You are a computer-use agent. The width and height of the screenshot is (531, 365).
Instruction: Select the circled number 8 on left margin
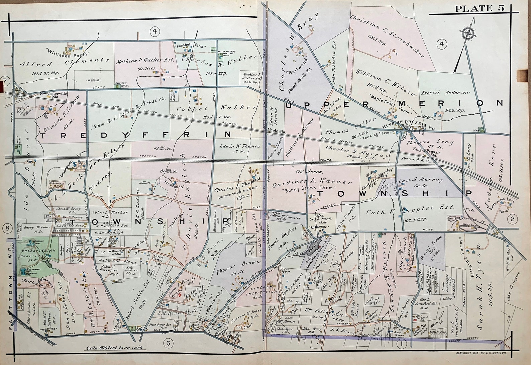6,229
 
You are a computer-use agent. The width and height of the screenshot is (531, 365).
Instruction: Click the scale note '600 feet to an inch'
115,348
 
